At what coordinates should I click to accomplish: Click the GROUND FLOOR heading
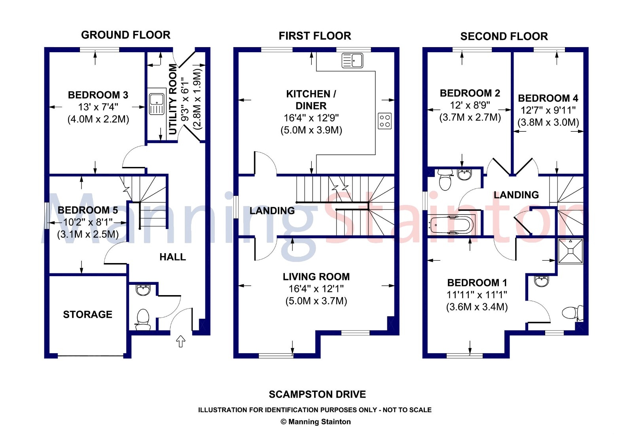click(126, 35)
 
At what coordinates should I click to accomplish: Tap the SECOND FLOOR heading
click(504, 36)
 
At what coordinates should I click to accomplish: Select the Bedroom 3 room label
click(98, 95)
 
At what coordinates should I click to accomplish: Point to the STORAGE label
click(87, 314)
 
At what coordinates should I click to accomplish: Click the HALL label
click(172, 257)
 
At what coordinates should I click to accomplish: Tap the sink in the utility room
click(157, 104)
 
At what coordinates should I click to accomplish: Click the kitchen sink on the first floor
click(353, 61)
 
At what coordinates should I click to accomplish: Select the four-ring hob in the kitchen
click(385, 121)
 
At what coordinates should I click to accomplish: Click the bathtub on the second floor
click(451, 225)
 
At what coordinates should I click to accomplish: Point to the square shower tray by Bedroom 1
click(570, 251)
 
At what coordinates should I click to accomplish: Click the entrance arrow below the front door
click(180, 341)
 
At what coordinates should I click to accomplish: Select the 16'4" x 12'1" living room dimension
click(316, 289)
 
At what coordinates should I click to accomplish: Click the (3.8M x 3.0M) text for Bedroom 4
click(548, 122)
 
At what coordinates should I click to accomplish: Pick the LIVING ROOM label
click(316, 277)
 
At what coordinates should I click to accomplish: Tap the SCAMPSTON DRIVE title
click(317, 394)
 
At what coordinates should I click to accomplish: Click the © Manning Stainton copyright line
click(316, 422)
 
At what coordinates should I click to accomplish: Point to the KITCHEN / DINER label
click(311, 100)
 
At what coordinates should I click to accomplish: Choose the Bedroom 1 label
click(477, 282)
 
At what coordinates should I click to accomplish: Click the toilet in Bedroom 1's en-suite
click(572, 313)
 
